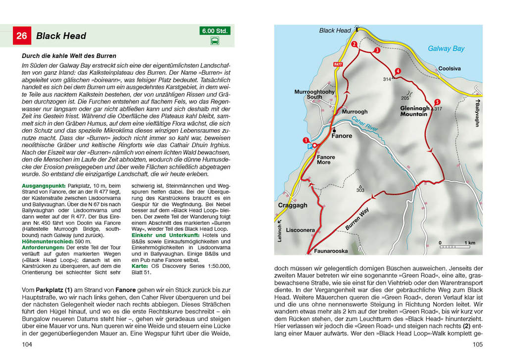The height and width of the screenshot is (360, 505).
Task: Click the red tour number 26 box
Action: coord(22,36)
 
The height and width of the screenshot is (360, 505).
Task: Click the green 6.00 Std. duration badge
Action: coord(215,31)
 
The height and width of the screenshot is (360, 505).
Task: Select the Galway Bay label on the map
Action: coord(446,49)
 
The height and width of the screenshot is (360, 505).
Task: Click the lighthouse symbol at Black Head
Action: coord(356,29)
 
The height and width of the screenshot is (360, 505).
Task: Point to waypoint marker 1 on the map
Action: coord(305,140)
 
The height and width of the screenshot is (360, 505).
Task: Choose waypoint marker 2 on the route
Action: coord(354,44)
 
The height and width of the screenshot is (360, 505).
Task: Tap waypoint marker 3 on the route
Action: coord(377,51)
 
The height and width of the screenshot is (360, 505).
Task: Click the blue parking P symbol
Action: coord(310,147)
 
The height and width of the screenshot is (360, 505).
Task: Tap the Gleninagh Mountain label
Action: coord(415,111)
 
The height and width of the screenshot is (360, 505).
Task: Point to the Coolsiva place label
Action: coord(450,68)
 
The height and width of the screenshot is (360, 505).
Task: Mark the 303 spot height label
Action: coord(360,190)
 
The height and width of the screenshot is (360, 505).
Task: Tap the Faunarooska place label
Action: coord(331,251)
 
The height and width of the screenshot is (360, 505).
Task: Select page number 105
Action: coord(477,345)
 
